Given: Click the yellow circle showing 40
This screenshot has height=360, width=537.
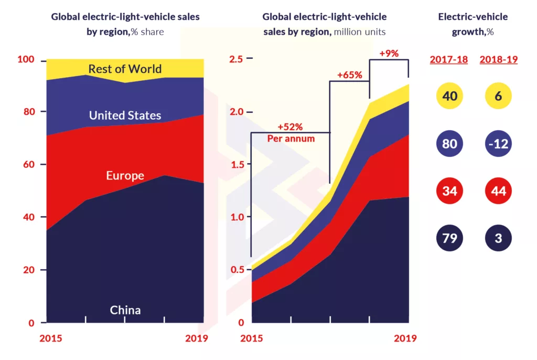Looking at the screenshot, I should tap(449, 96).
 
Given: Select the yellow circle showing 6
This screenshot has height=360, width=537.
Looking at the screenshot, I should tap(498, 96).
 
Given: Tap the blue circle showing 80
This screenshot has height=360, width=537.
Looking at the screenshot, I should tap(449, 143).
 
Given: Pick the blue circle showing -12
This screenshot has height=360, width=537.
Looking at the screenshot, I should tap(498, 143).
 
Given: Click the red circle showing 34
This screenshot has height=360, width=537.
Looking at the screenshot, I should tap(449, 190).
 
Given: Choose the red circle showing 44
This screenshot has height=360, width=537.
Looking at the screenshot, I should tap(498, 190).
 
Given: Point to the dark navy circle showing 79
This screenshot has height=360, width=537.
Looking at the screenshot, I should tap(449, 238).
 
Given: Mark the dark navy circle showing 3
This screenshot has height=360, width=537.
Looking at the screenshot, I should tap(498, 238).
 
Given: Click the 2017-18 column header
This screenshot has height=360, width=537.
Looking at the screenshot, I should tap(449, 59).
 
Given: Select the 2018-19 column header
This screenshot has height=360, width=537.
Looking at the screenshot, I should tap(499, 59).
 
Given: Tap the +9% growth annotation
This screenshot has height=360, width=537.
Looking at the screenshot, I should tap(389, 53).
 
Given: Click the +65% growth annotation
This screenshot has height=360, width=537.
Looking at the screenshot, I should tap(350, 75).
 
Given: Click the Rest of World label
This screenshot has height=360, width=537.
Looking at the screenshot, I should tap(125, 69).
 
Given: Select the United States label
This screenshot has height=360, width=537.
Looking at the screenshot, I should tap(125, 115).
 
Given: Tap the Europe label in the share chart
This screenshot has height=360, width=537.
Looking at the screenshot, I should tap(125, 175).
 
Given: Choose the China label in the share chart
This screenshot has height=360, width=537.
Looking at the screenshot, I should tap(125, 310).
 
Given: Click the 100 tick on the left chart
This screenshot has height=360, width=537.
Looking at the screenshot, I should tap(26, 60).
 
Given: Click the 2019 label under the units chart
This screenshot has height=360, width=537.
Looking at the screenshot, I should tap(405, 338).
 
